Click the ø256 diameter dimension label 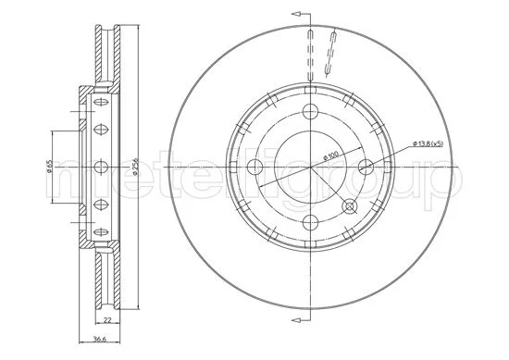pos(136,167)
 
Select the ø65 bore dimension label pos(49,167)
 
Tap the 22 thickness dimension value pos(107,320)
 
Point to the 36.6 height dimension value pos(99,339)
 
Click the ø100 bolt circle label pos(330,155)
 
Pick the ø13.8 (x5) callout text pos(428,143)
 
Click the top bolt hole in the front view pos(310,112)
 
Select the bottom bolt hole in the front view pos(310,222)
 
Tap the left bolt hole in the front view pos(254,167)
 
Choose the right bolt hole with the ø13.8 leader pos(366,167)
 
